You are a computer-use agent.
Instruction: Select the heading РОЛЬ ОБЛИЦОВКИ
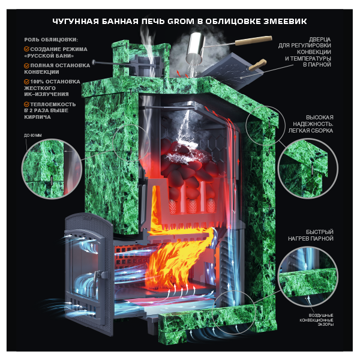[x=51, y=40]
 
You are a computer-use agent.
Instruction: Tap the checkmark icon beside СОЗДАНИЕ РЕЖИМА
[x=26, y=49]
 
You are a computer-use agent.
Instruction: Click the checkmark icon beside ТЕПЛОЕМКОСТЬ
[x=26, y=104]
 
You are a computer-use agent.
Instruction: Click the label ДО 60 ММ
[x=33, y=136]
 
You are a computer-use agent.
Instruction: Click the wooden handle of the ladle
[x=254, y=41]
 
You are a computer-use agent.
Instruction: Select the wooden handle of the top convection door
[x=258, y=65]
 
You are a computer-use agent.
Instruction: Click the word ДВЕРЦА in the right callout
[x=320, y=39]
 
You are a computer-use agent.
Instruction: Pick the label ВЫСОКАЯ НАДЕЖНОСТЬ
[x=313, y=121]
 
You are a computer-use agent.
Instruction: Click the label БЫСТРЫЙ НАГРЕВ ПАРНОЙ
[x=311, y=235]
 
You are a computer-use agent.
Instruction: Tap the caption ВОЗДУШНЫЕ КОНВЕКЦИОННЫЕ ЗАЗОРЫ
[x=316, y=320]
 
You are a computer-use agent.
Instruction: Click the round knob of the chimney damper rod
[x=94, y=62]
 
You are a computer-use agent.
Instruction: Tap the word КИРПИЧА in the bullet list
[x=37, y=117]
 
